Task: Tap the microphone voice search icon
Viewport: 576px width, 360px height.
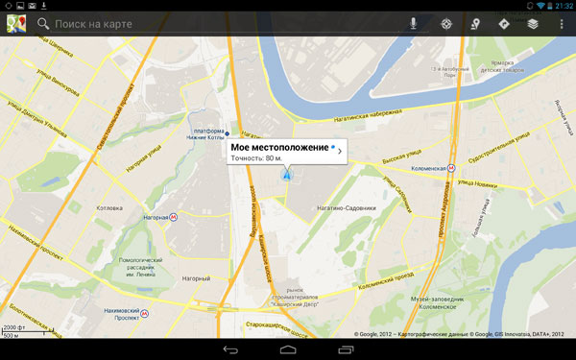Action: pos(413,23)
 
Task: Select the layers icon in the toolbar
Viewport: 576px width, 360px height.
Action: pos(532,23)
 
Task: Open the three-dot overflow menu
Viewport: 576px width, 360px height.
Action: pos(561,23)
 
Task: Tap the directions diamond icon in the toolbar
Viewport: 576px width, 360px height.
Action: pos(503,23)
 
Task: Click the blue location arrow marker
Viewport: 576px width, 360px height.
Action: pos(285,175)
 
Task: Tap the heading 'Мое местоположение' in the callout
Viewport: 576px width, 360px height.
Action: pos(278,147)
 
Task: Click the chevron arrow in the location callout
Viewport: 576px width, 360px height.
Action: pos(339,151)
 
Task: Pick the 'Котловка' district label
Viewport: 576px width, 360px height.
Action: pos(109,207)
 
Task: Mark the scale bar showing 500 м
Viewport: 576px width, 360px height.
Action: pos(13,334)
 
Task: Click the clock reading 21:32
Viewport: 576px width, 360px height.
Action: pos(560,6)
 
